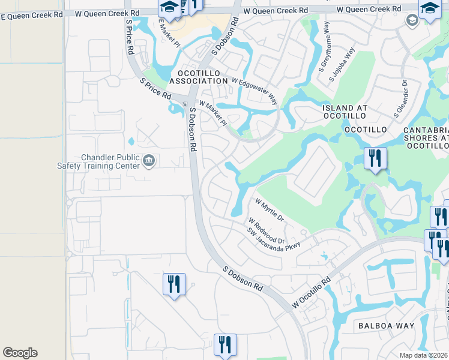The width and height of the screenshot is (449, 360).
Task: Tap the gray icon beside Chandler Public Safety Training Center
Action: click(x=149, y=160)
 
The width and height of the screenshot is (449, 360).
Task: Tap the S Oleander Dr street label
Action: click(x=400, y=99)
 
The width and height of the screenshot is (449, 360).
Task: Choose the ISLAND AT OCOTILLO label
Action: click(x=353, y=113)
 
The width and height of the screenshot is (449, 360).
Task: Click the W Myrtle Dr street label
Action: click(x=270, y=210)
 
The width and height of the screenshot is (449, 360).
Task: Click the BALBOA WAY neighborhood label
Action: click(x=386, y=325)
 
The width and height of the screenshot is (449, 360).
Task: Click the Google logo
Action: click(x=20, y=353)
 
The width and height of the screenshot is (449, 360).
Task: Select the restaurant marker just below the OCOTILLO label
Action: click(x=375, y=159)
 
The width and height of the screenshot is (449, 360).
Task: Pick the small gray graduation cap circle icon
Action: click(x=412, y=21)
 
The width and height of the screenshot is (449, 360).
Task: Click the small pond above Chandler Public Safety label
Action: click(x=131, y=142)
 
